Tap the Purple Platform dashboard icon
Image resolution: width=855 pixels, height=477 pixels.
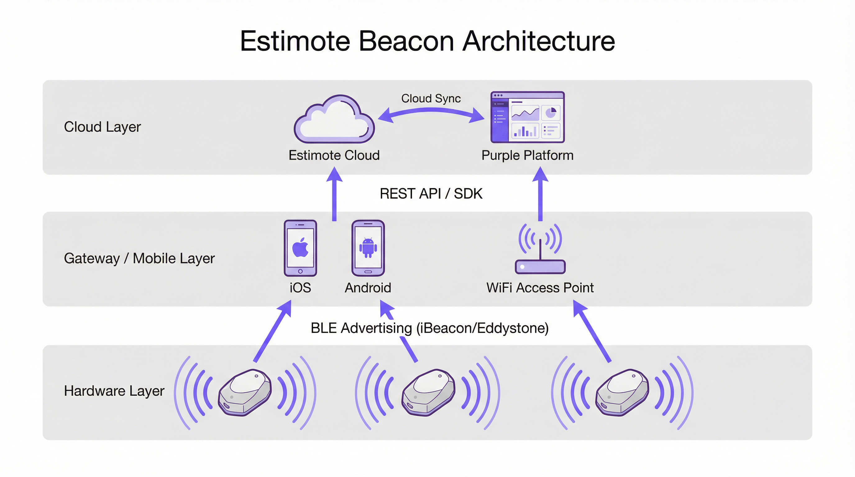528,117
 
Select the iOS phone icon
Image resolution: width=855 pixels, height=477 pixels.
300,248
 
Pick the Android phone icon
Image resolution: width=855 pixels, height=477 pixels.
368,248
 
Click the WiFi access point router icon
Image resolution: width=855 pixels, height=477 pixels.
540,249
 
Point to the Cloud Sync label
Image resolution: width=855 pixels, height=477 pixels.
431,98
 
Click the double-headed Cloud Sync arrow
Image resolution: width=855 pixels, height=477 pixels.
431,113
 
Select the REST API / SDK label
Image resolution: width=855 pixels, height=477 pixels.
431,194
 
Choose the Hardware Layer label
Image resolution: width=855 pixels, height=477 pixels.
114,391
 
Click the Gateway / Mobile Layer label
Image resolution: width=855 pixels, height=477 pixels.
139,258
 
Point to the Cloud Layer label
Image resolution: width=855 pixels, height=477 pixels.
103,127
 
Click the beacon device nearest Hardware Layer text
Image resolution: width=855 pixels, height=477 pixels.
245,393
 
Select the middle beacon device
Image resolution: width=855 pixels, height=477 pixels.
428,393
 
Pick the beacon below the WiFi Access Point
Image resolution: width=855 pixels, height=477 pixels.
622,393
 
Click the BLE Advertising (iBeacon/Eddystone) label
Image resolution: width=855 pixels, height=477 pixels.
429,328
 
